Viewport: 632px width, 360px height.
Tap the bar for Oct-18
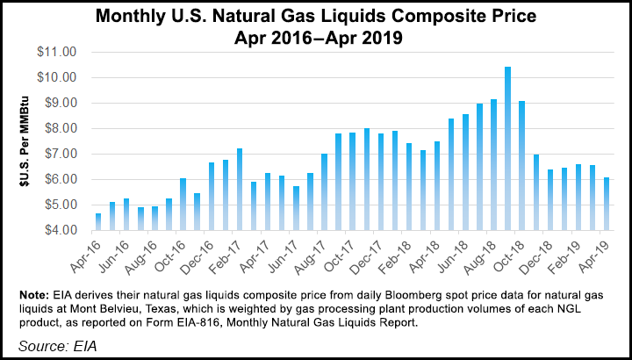[x=522, y=166]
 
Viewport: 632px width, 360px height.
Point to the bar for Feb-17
[x=240, y=190]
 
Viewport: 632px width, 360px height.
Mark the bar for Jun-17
[x=296, y=208]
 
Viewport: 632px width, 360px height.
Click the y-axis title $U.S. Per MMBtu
[x=24, y=141]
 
